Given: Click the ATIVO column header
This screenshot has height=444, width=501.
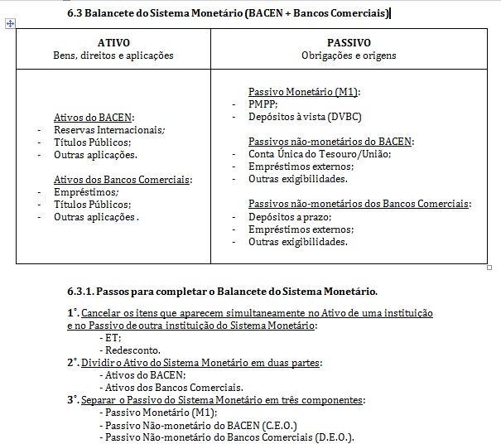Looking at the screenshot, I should [x=113, y=42].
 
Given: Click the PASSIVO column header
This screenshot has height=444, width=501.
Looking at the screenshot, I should [x=349, y=42].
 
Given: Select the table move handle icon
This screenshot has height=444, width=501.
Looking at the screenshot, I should [x=10, y=24].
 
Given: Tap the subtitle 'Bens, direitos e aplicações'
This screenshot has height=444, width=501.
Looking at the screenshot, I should [x=113, y=55].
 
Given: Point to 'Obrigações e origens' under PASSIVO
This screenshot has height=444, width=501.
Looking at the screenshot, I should [x=349, y=55].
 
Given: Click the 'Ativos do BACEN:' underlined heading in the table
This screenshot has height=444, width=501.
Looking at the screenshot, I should [x=94, y=118].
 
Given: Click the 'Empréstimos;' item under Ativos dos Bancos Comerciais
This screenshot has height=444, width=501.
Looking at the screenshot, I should [x=86, y=192].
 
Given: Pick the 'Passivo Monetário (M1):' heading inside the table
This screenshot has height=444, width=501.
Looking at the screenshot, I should [x=305, y=92].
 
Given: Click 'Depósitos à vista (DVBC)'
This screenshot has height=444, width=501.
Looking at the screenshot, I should [x=305, y=117].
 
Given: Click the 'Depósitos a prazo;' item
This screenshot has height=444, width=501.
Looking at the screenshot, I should [x=290, y=216].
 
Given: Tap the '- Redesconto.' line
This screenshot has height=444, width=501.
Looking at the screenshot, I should [x=128, y=350].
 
